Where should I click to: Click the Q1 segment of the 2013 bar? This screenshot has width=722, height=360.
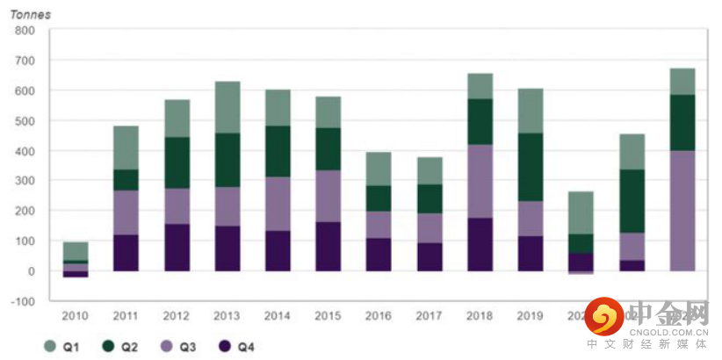point(227,107)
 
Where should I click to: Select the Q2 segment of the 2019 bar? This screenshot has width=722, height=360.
point(531,167)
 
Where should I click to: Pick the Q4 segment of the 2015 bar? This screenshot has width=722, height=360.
point(329,246)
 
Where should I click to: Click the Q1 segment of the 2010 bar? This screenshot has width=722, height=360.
point(76,251)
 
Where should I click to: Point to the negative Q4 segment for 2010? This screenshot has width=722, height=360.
point(76,274)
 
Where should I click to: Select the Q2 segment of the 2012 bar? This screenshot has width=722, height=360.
point(177,162)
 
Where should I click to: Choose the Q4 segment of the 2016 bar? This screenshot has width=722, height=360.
point(379,254)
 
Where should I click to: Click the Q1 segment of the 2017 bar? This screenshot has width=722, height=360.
point(430,170)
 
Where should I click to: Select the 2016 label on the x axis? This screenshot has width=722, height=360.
point(379,314)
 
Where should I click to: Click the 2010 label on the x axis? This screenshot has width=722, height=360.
point(76,314)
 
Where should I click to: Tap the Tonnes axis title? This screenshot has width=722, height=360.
point(30,15)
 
